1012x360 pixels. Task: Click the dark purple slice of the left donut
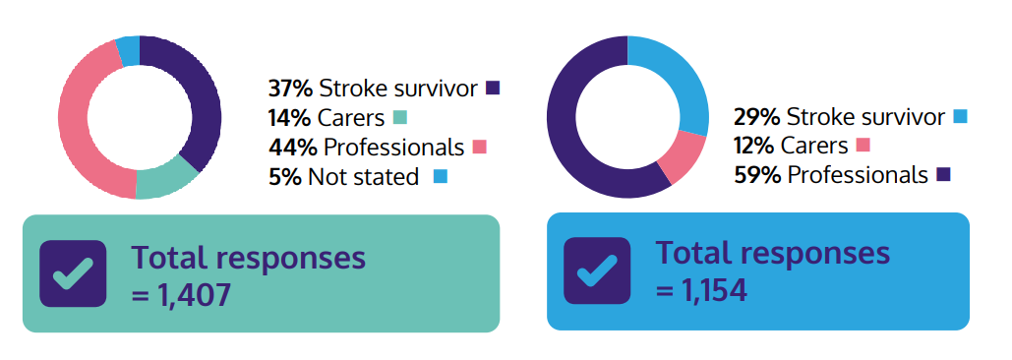(202, 98)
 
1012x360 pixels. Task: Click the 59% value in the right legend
(756, 175)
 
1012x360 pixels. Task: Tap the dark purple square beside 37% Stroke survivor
(493, 89)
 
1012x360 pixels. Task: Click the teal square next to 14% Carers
(399, 118)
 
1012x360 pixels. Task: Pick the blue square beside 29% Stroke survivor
(960, 116)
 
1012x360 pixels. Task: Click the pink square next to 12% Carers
(863, 146)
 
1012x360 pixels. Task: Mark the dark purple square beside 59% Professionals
(943, 175)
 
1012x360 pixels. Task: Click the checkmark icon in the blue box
(597, 270)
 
